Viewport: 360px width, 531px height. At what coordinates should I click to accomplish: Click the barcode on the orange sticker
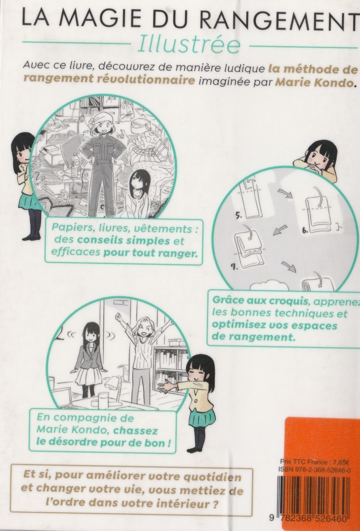coord(313,494)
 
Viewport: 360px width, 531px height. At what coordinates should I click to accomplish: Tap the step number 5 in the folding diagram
coord(239,215)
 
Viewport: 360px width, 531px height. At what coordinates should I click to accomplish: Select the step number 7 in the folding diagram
coord(234,267)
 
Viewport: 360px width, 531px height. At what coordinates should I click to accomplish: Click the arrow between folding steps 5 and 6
coord(285,194)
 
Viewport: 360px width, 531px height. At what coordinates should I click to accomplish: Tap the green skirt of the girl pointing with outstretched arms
coord(202,418)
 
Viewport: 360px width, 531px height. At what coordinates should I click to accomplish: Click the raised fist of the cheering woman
coord(118,317)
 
